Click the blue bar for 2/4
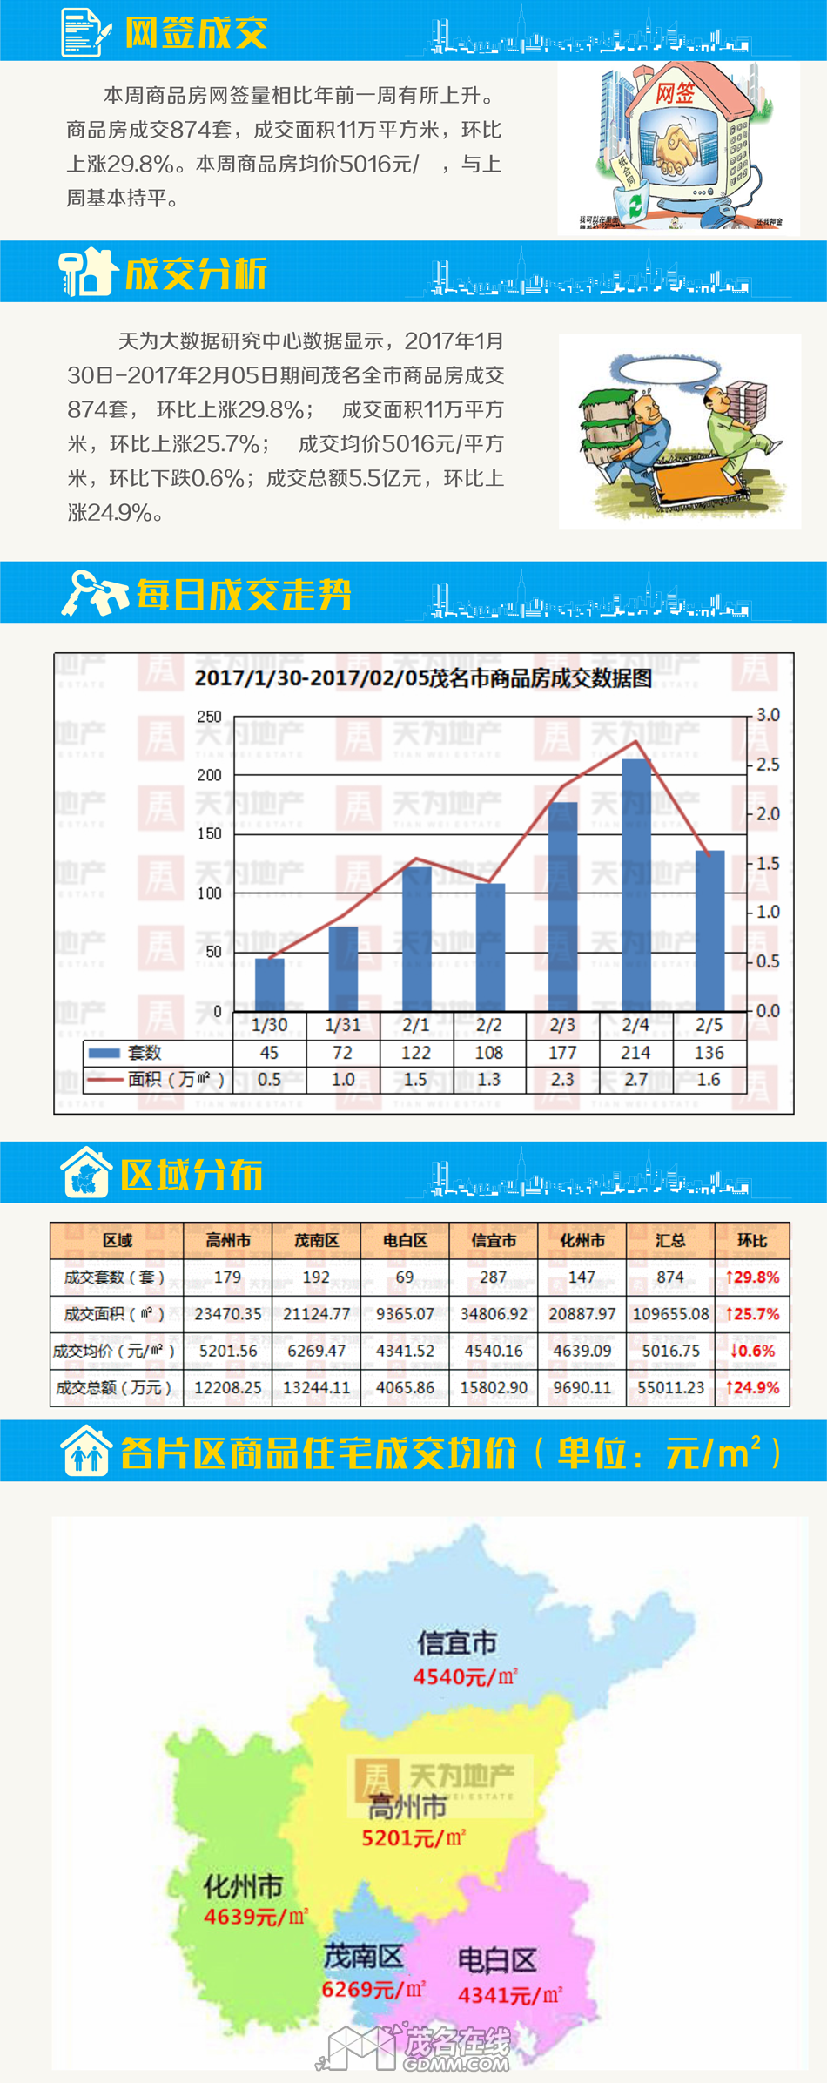pos(636,884)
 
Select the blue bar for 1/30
pos(269,984)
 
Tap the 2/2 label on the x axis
pos(489,1025)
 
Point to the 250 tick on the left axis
pos(209,716)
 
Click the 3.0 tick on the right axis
pos(768,715)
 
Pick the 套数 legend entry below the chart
pos(144,1053)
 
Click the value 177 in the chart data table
pos(562,1053)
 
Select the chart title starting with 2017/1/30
pos(423,677)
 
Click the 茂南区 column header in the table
pos(316,1240)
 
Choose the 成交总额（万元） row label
pos(114,1387)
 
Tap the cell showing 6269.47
pos(316,1351)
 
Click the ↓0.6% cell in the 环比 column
pos(752,1351)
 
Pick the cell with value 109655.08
pos(670,1314)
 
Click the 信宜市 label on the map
pos(457,1642)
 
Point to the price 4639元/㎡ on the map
pos(255,1917)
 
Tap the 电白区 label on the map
pos(497,1960)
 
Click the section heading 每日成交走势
pos(244,595)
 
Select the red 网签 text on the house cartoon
pos(675,93)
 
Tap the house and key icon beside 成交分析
pos(88,273)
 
